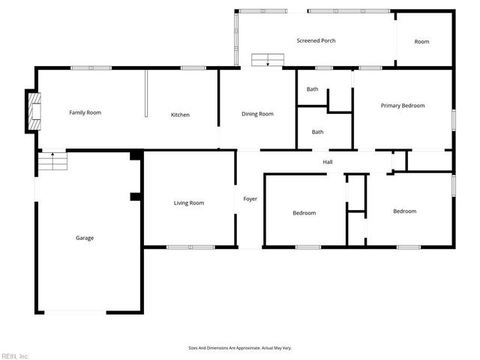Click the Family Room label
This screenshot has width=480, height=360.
click(x=85, y=112)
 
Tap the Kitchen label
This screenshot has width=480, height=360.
click(x=180, y=115)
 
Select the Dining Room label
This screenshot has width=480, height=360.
click(x=257, y=114)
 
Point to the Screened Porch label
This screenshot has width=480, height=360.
click(x=316, y=40)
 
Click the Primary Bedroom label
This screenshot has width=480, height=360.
click(x=402, y=106)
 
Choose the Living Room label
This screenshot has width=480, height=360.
click(x=189, y=202)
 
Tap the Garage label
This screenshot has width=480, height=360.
click(x=85, y=238)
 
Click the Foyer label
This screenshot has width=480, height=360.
click(x=250, y=199)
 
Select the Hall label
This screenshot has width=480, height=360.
click(x=328, y=162)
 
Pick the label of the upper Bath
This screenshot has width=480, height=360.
click(x=312, y=89)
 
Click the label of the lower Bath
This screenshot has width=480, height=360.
click(x=318, y=132)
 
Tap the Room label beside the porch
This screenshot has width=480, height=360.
click(x=422, y=41)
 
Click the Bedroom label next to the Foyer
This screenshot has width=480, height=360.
click(x=304, y=213)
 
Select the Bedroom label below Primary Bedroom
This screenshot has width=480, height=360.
click(x=405, y=211)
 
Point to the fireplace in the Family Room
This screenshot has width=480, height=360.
click(x=33, y=111)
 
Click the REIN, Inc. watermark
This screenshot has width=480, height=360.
click(x=15, y=355)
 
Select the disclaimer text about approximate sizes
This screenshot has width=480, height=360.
click(x=240, y=348)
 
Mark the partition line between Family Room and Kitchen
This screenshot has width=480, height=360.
click(x=145, y=94)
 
